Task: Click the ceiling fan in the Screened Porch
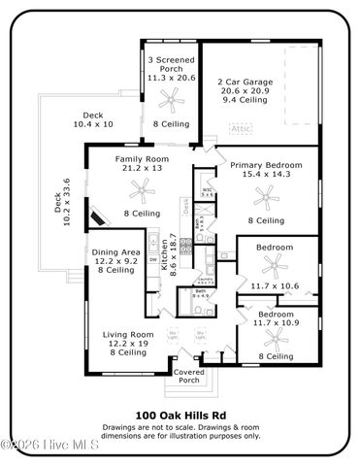171,97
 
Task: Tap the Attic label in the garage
240,127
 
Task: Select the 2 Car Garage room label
245,82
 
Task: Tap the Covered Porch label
187,376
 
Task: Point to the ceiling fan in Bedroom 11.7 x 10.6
274,265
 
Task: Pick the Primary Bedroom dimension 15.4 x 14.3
259,176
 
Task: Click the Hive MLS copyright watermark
44,447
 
